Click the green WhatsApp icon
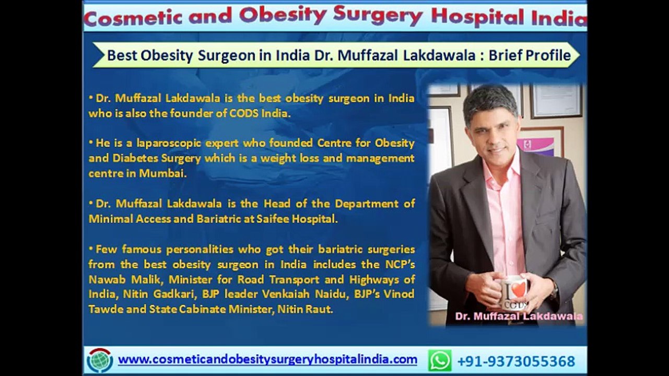click(440, 360)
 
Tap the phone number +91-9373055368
click(516, 361)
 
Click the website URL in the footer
click(267, 359)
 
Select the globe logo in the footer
click(100, 360)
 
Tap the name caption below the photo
click(519, 316)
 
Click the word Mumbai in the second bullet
click(163, 173)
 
